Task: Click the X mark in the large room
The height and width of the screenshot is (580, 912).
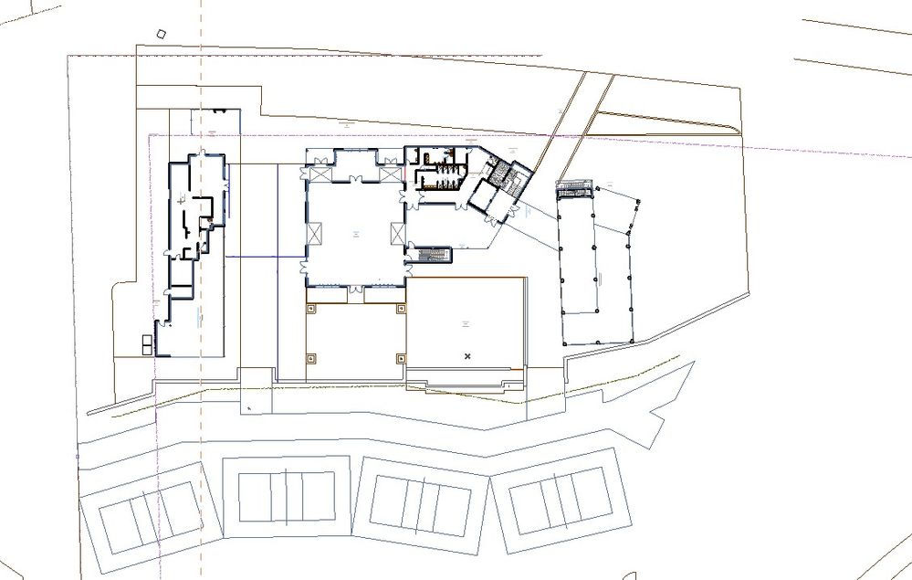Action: pyautogui.click(x=467, y=354)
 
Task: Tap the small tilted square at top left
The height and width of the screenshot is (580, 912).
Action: pyautogui.click(x=162, y=35)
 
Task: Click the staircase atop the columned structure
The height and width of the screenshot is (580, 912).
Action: pyautogui.click(x=571, y=188)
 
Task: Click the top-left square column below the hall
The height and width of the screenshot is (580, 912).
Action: pyautogui.click(x=311, y=309)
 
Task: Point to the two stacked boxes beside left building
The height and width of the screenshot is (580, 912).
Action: pyautogui.click(x=147, y=343)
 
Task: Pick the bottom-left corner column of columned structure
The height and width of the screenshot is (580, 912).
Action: pyautogui.click(x=564, y=343)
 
